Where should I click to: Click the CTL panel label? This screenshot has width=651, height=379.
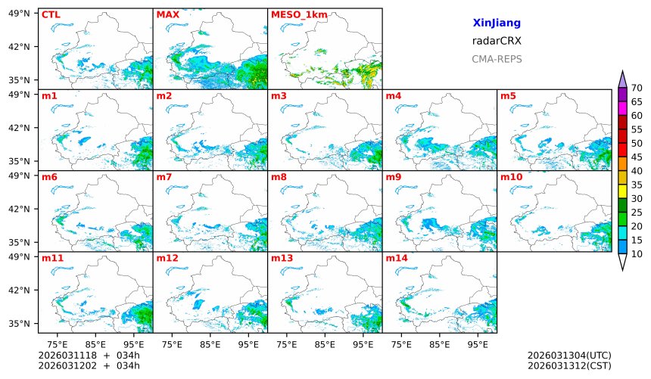pos(50,14)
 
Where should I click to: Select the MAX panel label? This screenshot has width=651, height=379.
pos(167,14)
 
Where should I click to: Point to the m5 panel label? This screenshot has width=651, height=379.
pos(508,96)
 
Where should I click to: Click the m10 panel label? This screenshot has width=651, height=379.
pos(511,177)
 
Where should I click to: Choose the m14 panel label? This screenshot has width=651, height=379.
pos(397,258)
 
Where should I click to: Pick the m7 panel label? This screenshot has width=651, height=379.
pos(164,177)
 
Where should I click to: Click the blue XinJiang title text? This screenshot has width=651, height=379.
pos(496,23)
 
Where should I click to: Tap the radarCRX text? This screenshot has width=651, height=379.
pos(496,41)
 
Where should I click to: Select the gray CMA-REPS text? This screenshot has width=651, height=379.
pos(496,59)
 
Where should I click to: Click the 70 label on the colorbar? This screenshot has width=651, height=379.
pos(637,89)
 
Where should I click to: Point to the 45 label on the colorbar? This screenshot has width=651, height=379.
pos(637,157)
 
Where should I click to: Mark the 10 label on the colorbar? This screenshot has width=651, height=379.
pos(637,254)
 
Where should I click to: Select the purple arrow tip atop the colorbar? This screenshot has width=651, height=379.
pos(622,79)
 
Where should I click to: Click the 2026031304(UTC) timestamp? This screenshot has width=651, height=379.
pos(569,356)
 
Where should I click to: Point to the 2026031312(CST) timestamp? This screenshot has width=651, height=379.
pos(569,366)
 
